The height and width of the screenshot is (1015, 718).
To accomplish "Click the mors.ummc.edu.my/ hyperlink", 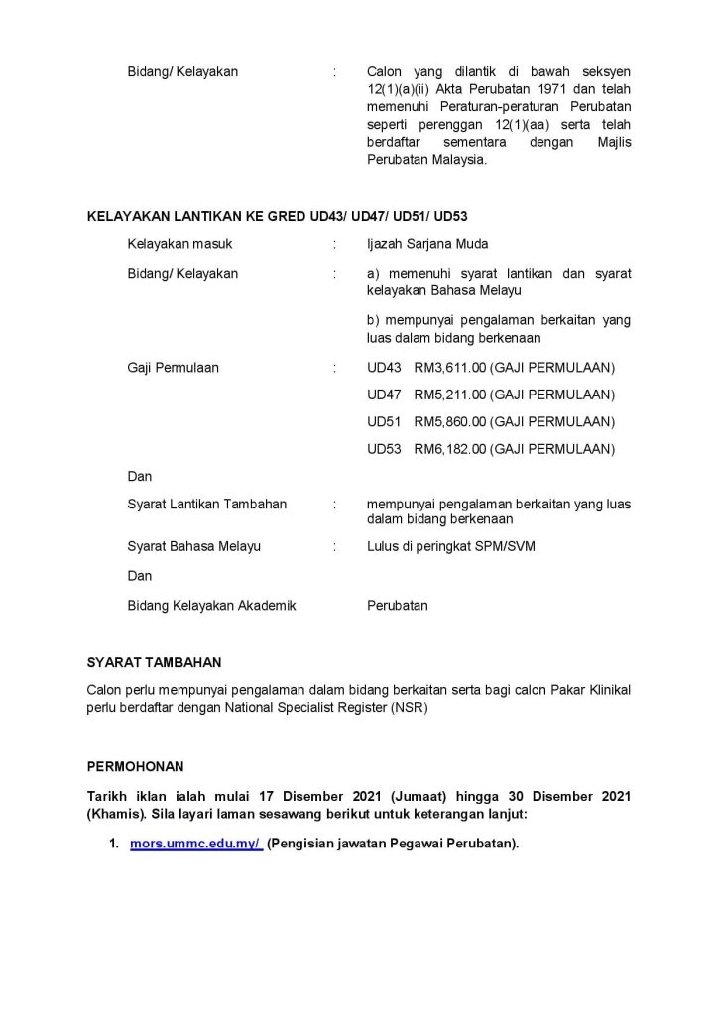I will coord(195,844).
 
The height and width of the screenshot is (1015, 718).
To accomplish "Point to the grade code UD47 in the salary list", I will coord(384,395).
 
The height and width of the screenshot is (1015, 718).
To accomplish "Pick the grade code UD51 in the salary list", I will coord(384,422).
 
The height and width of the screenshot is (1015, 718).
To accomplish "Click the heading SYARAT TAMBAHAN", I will coord(155,662).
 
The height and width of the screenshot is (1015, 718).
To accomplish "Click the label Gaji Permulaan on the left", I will coord(174,368).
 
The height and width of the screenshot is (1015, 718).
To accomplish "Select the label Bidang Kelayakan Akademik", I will coord(212,605).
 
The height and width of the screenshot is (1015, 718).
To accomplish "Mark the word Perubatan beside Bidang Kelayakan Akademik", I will coord(398,605).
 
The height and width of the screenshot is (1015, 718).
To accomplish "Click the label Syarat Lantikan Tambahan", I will coord(207,504).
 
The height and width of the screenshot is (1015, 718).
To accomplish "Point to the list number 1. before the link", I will coord(115,844).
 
